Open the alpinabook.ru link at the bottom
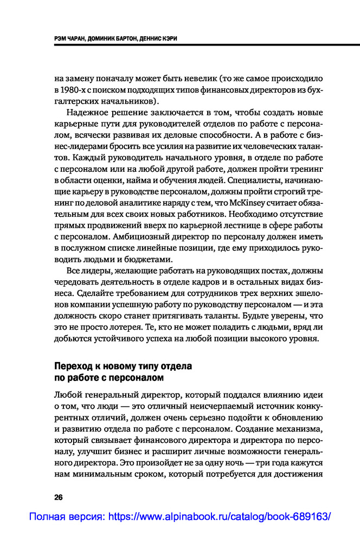point(179,517)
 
